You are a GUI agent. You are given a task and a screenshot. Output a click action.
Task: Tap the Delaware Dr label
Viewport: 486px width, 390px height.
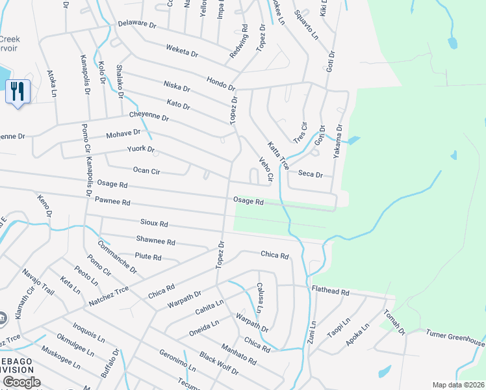click(137, 25)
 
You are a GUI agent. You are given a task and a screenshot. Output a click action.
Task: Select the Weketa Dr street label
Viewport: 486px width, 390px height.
click(182, 49)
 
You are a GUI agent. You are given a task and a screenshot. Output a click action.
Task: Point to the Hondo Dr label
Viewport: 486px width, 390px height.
click(220, 83)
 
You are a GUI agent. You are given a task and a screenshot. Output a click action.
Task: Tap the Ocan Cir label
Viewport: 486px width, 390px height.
click(146, 170)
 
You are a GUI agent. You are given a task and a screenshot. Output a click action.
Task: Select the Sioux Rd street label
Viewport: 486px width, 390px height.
click(154, 223)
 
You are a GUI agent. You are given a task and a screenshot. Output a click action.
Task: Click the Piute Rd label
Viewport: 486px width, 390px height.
click(148, 257)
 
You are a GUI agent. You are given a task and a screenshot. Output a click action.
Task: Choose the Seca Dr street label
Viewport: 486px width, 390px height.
click(310, 174)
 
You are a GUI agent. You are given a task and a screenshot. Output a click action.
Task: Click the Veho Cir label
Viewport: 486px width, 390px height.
click(265, 168)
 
